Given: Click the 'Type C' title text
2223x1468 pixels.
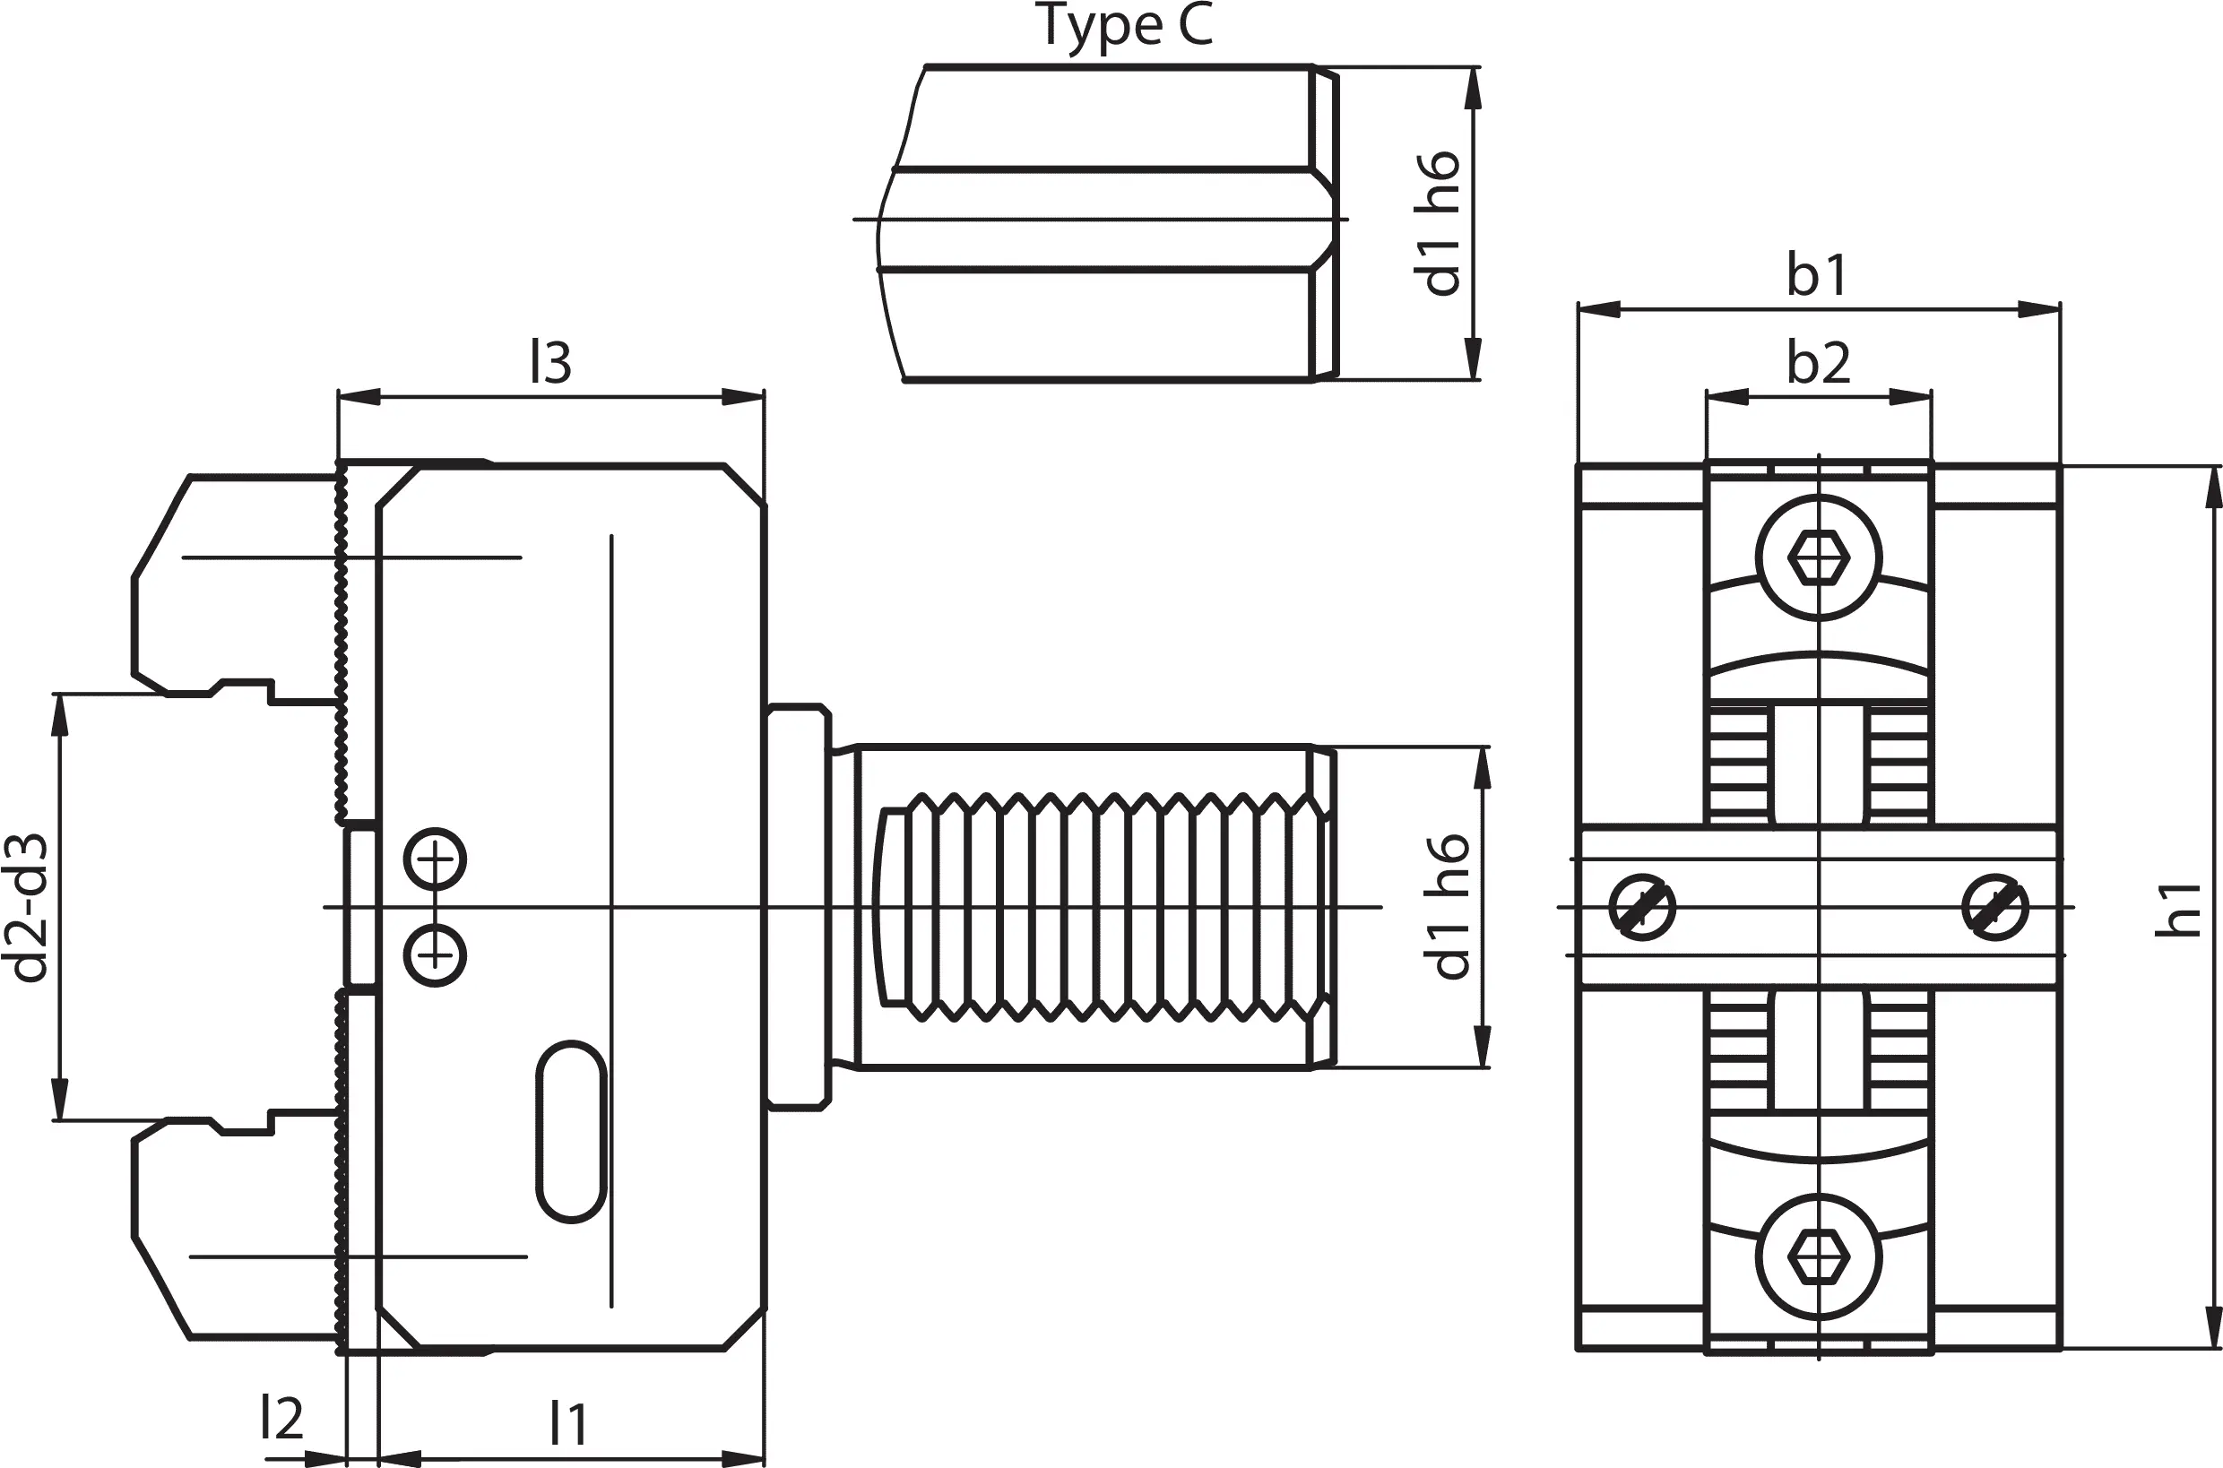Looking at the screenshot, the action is (x=1126, y=26).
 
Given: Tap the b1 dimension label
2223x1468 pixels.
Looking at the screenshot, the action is (x=1818, y=275).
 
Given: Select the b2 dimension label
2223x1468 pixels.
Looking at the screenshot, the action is (x=1819, y=362).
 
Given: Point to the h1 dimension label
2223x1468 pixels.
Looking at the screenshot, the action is (x=2176, y=908).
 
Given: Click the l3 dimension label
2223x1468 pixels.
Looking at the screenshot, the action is (x=550, y=362).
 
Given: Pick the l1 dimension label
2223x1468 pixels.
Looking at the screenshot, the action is (x=568, y=1424).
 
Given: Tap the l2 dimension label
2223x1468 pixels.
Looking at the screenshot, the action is (x=281, y=1418).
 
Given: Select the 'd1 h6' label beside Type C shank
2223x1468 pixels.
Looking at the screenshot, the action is (x=1439, y=224).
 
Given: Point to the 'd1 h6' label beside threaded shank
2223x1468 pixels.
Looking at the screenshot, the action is (x=1448, y=907).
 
